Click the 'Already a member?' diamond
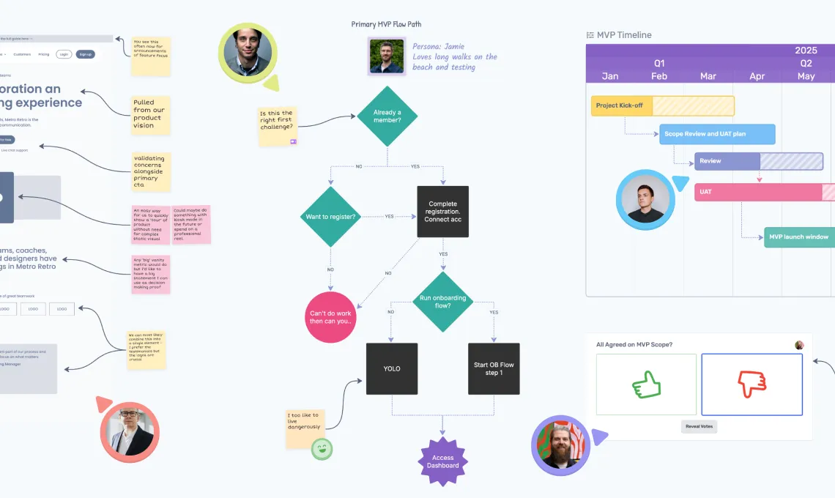coord(387,116)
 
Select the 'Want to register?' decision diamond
coord(330,216)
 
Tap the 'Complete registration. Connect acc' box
coord(442,212)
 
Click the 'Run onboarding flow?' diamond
coord(442,301)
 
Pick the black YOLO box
coord(392,368)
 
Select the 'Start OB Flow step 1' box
coord(494,368)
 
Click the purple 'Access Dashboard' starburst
coord(442,461)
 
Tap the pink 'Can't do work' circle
coord(330,316)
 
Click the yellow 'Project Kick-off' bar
coord(662,105)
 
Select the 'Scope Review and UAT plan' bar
coord(717,134)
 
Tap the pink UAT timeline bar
coord(762,192)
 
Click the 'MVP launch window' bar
coord(798,237)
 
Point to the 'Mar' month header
coord(708,76)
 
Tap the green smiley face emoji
coord(321,448)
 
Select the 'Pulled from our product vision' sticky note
coord(150,115)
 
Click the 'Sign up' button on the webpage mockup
coord(86,54)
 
